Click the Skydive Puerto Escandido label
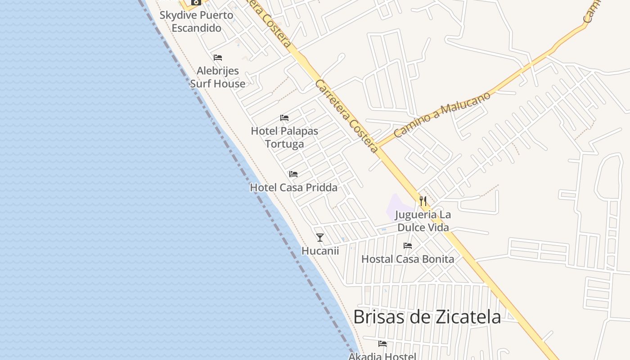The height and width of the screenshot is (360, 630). click(x=197, y=22)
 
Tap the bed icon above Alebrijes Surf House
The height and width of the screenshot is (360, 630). click(x=218, y=58)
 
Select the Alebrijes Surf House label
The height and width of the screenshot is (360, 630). click(x=218, y=77)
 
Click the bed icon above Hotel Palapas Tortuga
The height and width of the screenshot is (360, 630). click(x=284, y=118)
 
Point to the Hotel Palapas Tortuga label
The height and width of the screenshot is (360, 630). click(x=284, y=137)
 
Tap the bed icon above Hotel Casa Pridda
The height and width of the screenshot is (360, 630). click(x=293, y=174)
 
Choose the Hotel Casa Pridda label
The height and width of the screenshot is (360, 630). click(x=293, y=188)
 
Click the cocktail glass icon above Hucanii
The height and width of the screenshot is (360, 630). click(x=320, y=237)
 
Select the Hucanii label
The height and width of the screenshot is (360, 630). click(x=320, y=251)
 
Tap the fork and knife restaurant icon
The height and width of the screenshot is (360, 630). click(x=423, y=201)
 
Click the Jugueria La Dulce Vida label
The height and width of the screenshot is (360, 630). click(x=423, y=221)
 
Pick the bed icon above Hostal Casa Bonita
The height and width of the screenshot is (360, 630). click(x=408, y=246)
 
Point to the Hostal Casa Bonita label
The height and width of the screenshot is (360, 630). click(x=408, y=259)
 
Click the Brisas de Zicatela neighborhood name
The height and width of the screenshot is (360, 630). click(x=427, y=317)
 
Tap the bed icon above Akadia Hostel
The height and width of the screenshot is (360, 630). click(x=382, y=344)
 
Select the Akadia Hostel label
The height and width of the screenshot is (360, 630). click(x=382, y=356)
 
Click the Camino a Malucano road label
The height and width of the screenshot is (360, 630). click(x=441, y=115)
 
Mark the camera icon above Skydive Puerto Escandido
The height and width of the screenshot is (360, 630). click(x=196, y=2)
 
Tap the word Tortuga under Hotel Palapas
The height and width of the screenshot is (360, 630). click(x=284, y=144)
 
